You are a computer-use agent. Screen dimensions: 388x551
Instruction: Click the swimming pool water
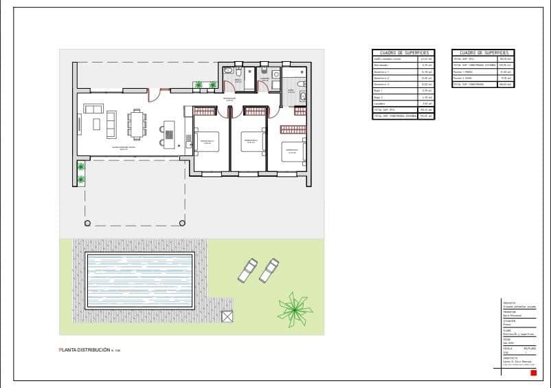pyautogui.click(x=139, y=281)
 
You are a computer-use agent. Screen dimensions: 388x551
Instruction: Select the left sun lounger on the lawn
pyautogui.click(x=247, y=270)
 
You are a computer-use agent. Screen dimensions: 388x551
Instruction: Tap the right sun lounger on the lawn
pyautogui.click(x=269, y=270)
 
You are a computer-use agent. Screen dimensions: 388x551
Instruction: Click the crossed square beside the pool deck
pyautogui.click(x=227, y=316)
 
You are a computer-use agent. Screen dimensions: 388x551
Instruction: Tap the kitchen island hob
pyautogui.click(x=169, y=129)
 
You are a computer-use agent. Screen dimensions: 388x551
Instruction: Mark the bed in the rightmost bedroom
pyautogui.click(x=293, y=151)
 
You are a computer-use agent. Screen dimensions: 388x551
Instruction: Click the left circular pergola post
pyautogui.click(x=87, y=223)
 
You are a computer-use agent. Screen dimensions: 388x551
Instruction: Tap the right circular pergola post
pyautogui.click(x=183, y=223)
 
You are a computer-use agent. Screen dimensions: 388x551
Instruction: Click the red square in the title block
pyautogui.click(x=533, y=373)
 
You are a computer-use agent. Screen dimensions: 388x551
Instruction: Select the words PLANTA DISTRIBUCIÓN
pyautogui.click(x=85, y=351)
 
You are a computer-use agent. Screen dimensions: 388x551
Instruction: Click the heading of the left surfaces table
pyautogui.click(x=405, y=52)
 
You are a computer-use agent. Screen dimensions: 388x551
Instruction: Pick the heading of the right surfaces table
pyautogui.click(x=483, y=52)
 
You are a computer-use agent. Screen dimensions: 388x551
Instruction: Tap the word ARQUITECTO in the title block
pyautogui.click(x=510, y=358)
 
